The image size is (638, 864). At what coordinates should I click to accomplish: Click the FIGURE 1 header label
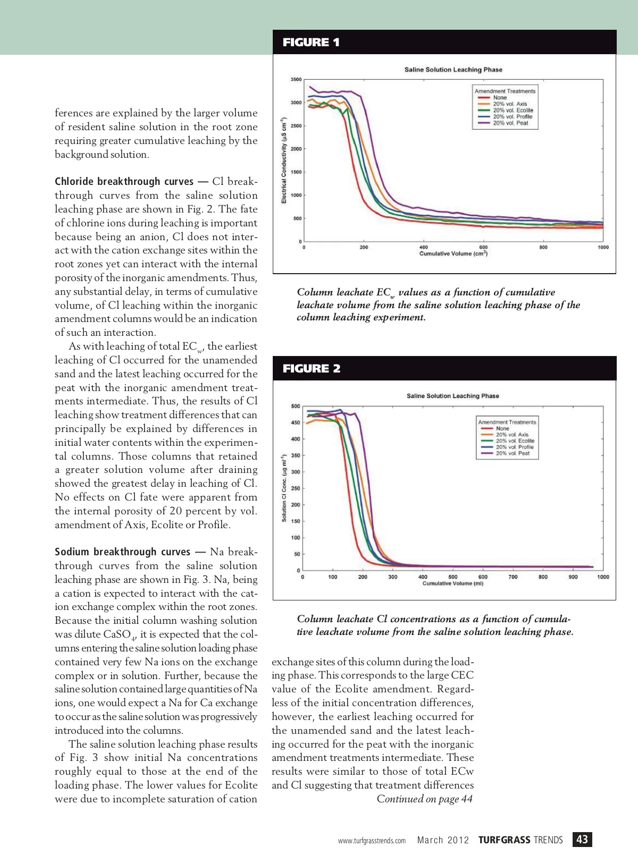[311, 43]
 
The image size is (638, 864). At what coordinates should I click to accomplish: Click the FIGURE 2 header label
[312, 369]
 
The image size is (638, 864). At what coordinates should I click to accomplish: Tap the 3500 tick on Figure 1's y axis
[296, 80]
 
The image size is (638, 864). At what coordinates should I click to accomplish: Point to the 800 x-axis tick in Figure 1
[543, 248]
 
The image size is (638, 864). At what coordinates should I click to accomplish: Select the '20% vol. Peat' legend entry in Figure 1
[510, 123]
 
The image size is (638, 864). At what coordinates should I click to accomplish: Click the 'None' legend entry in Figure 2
[502, 428]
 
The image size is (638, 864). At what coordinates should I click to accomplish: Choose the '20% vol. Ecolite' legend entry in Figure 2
[515, 441]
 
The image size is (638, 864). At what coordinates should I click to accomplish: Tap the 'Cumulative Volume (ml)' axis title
[453, 583]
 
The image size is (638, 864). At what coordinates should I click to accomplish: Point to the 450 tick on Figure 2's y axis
[295, 423]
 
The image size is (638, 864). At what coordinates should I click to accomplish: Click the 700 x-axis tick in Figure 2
[513, 577]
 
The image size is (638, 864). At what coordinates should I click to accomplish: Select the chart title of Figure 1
[453, 70]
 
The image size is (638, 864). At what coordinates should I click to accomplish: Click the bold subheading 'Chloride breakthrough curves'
[124, 182]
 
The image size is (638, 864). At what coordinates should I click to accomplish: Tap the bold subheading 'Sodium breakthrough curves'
[122, 552]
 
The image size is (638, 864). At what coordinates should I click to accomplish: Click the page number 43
[582, 840]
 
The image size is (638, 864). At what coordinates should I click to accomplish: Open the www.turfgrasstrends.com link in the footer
[372, 841]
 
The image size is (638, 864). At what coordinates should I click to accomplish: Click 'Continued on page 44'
[424, 799]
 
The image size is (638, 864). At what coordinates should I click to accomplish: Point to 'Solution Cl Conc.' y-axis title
[284, 488]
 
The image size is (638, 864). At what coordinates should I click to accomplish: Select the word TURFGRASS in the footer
[504, 840]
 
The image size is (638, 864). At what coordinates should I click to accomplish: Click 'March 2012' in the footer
[443, 840]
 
